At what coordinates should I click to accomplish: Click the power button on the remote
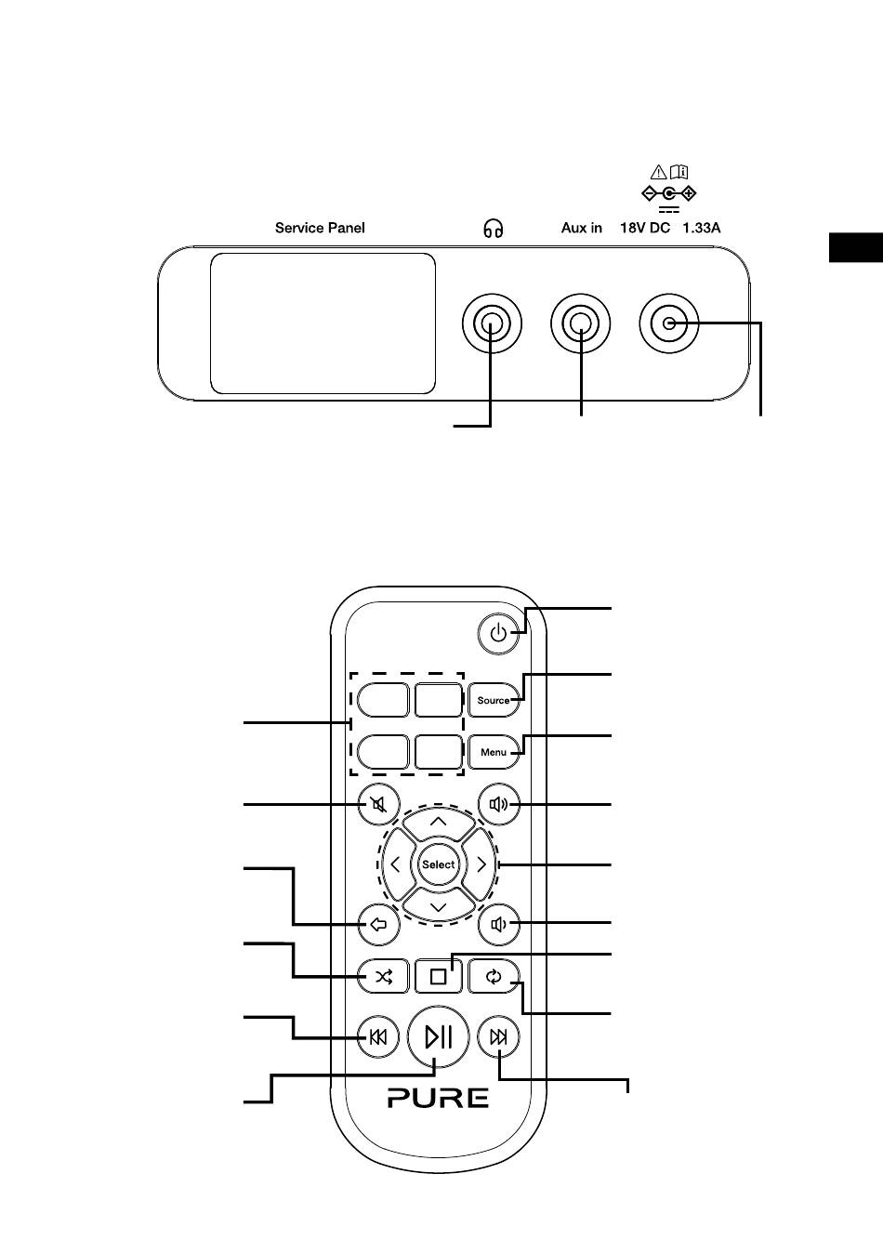point(498,633)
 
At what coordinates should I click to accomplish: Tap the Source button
point(494,700)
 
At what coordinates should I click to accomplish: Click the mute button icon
point(378,804)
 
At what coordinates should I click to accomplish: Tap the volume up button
point(499,804)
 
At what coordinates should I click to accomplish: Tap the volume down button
point(499,925)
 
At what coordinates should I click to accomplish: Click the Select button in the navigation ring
point(439,864)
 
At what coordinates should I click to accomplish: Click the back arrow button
point(378,925)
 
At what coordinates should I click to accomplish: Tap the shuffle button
point(383,977)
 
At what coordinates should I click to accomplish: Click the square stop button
point(439,977)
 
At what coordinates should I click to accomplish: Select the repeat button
point(494,977)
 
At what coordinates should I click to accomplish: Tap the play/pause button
point(439,1037)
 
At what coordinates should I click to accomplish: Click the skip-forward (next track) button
point(499,1037)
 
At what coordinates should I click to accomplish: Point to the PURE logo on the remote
point(439,1098)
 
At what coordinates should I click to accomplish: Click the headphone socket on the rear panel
point(492,323)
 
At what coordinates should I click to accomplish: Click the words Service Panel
point(320,228)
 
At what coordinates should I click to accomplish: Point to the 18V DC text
point(645,228)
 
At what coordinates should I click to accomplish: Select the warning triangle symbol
point(659,171)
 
